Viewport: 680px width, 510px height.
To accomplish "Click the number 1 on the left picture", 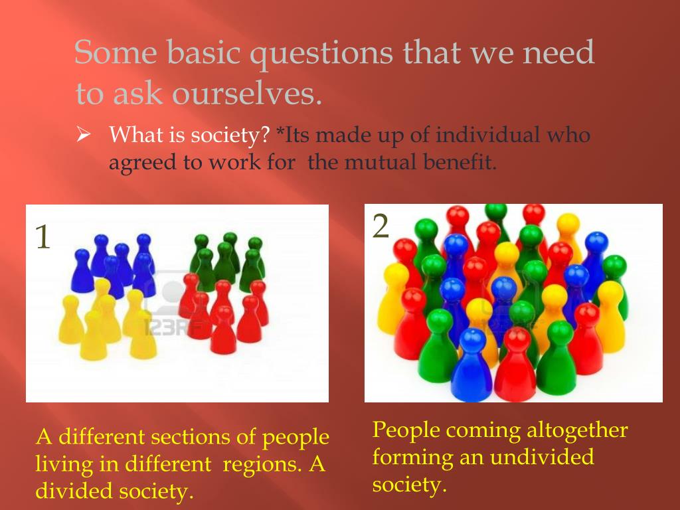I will (43, 237).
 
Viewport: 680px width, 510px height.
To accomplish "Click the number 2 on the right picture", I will (381, 227).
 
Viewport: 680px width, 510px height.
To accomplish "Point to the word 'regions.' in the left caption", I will (263, 464).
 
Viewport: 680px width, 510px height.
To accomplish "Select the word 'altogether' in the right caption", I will (577, 430).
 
